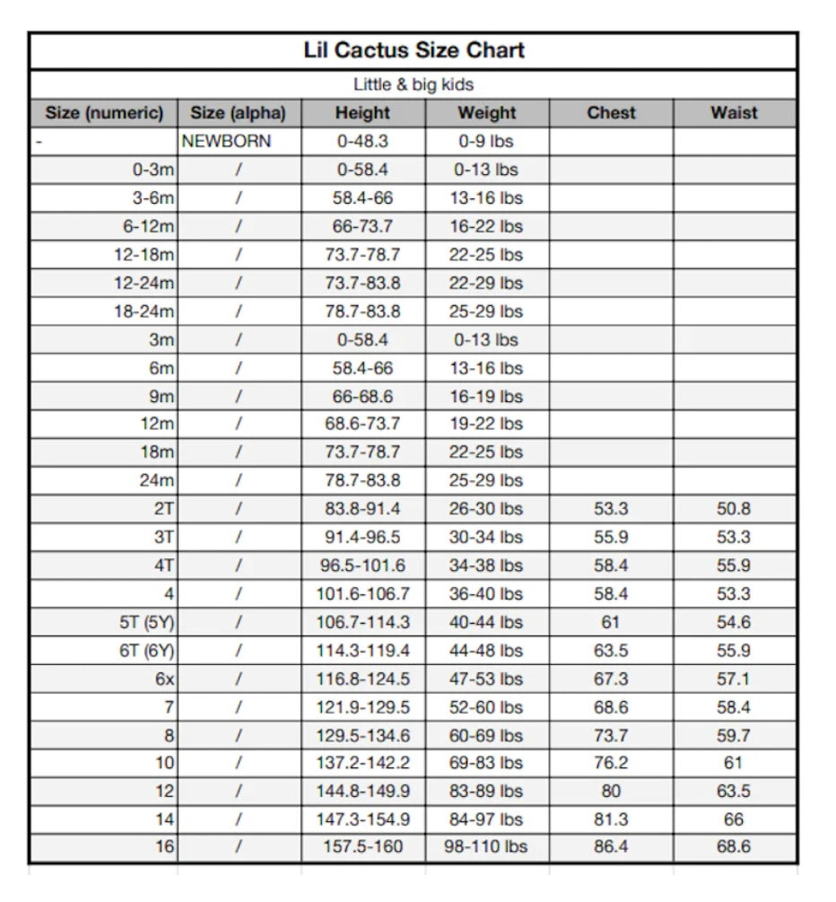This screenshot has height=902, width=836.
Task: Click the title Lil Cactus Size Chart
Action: tap(414, 50)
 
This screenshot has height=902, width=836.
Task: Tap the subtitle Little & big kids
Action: tap(414, 85)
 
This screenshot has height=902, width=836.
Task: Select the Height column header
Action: tap(362, 113)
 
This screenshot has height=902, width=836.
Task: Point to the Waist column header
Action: tap(734, 113)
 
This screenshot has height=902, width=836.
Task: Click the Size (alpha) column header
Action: tap(238, 113)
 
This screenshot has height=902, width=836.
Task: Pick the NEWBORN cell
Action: tap(226, 141)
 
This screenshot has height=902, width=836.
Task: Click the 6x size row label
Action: tap(164, 679)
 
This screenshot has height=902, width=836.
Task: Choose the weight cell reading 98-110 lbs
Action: tap(486, 846)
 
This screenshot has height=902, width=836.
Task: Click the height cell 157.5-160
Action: tap(362, 846)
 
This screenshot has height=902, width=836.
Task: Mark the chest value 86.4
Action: tap(611, 846)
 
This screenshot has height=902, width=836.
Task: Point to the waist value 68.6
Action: tap(734, 846)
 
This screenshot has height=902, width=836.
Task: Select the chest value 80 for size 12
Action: tap(611, 792)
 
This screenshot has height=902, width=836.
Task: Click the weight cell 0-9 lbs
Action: tap(486, 141)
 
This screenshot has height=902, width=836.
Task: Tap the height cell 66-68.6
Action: tap(362, 397)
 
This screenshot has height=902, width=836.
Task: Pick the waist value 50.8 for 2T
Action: tap(734, 509)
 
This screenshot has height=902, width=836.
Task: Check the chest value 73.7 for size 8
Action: tap(611, 736)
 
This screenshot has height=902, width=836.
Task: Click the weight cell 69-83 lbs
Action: tap(486, 764)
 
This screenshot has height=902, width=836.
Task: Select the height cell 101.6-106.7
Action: tap(362, 594)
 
